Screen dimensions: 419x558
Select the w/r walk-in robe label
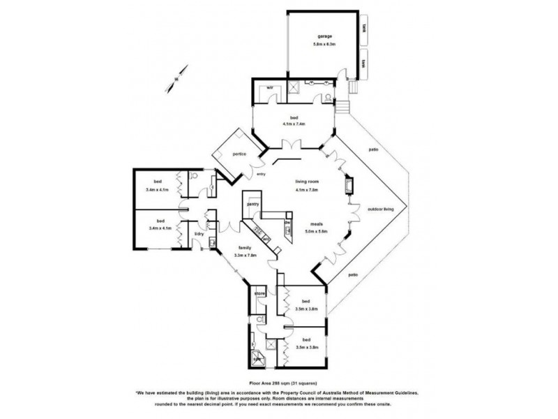click(x=269, y=88)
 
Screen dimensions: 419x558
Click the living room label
click(x=307, y=181)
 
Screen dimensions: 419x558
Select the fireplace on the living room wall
click(x=348, y=186)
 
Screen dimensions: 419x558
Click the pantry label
click(x=252, y=205)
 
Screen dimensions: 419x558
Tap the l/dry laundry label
click(x=199, y=234)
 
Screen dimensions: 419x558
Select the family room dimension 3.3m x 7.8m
click(x=244, y=256)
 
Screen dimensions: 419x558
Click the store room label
click(x=258, y=294)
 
